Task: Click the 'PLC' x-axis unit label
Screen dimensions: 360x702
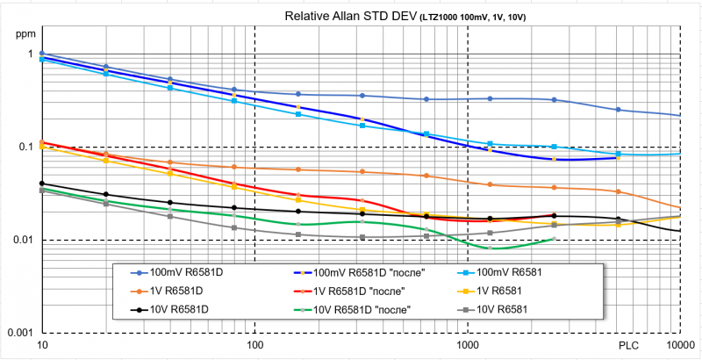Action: pos(629,347)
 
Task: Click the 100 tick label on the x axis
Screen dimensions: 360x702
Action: pos(254,347)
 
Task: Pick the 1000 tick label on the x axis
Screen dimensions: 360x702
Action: pos(467,347)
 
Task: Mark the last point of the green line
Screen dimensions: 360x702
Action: pos(553,239)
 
